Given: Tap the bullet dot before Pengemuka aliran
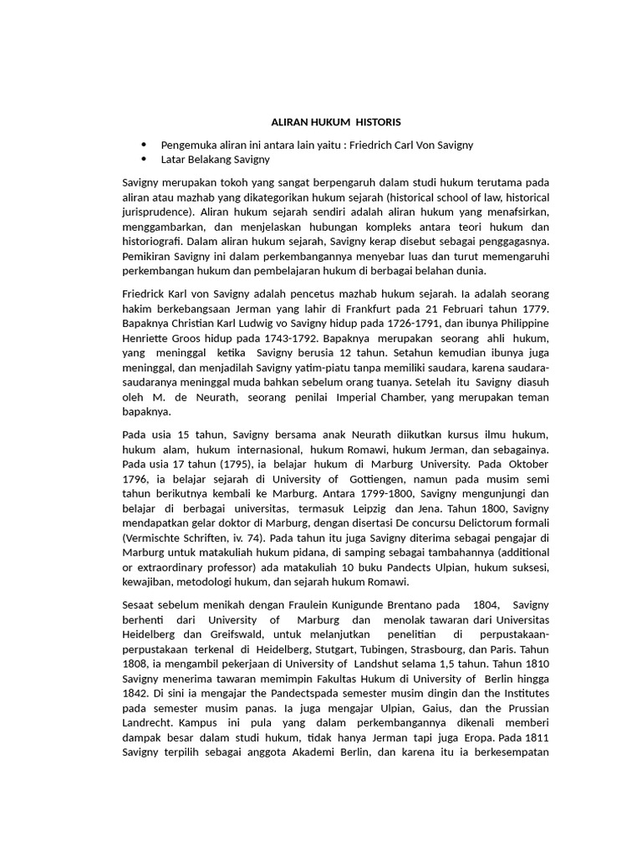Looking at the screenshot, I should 144,145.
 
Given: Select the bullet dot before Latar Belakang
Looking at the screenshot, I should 144,160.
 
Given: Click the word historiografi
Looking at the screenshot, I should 155,242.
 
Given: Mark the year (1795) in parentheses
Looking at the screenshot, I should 214,465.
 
